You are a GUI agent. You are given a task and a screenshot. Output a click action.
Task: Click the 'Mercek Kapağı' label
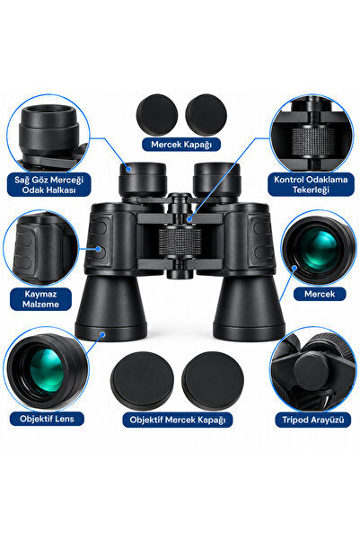(x=181, y=145)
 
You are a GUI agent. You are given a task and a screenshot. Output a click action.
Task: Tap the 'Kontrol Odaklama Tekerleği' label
(x=311, y=184)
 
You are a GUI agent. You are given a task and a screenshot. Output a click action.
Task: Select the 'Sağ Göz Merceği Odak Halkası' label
(x=48, y=184)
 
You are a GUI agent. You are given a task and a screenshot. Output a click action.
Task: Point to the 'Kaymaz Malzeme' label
(x=40, y=299)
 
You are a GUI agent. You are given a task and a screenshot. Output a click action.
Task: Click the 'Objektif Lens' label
(x=47, y=419)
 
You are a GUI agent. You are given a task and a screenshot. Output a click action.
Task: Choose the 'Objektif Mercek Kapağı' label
(x=178, y=420)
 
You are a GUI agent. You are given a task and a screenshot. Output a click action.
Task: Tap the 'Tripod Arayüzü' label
(x=312, y=420)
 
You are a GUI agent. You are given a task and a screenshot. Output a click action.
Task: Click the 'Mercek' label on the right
(x=320, y=294)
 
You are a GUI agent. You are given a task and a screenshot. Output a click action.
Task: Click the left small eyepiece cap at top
(x=157, y=114)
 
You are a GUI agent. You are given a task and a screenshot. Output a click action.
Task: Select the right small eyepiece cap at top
(x=206, y=114)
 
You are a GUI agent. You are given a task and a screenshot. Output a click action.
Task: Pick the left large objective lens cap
(x=142, y=381)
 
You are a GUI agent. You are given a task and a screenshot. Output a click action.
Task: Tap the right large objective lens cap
(x=213, y=381)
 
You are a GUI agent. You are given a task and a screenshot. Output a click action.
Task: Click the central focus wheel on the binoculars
(x=180, y=241)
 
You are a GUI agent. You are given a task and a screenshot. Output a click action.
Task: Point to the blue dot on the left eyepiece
(x=128, y=169)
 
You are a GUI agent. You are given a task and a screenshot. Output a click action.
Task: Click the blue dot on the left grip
(x=99, y=249)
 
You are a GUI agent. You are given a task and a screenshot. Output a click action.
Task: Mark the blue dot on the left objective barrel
(x=102, y=333)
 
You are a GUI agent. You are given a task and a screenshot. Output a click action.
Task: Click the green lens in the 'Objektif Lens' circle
(x=46, y=370)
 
